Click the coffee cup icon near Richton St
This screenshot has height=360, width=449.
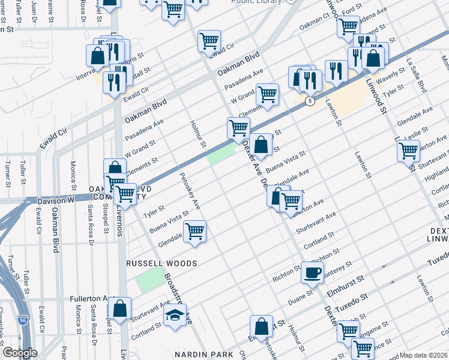[x=312, y=272]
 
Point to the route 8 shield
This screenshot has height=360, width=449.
[x=309, y=101]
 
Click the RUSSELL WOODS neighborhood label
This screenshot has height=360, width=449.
[x=161, y=263]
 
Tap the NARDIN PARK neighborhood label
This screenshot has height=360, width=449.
[x=204, y=355]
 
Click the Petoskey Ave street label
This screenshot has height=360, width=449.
[x=190, y=191]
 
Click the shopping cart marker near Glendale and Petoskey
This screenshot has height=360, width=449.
[x=194, y=231]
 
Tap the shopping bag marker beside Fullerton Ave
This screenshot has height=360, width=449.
[x=121, y=308]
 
